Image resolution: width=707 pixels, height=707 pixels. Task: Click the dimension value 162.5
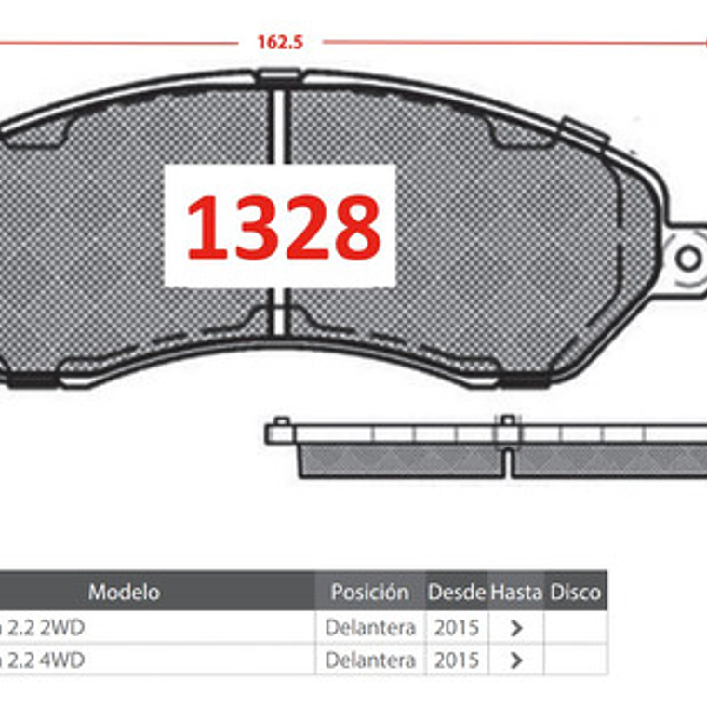click(x=280, y=43)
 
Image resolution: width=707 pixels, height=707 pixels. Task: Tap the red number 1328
click(x=284, y=227)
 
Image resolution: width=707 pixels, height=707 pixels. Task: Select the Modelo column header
click(x=124, y=592)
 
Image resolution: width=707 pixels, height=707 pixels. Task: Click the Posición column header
click(x=369, y=592)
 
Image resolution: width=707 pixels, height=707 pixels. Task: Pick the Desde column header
click(x=457, y=592)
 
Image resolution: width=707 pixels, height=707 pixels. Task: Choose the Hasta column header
click(x=515, y=592)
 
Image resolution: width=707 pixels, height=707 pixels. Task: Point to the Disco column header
click(x=575, y=592)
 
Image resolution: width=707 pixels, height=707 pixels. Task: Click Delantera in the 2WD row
click(x=369, y=628)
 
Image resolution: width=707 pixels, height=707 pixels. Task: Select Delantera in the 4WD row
click(x=369, y=660)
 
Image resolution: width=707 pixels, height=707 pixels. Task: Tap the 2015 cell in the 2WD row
click(x=457, y=628)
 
